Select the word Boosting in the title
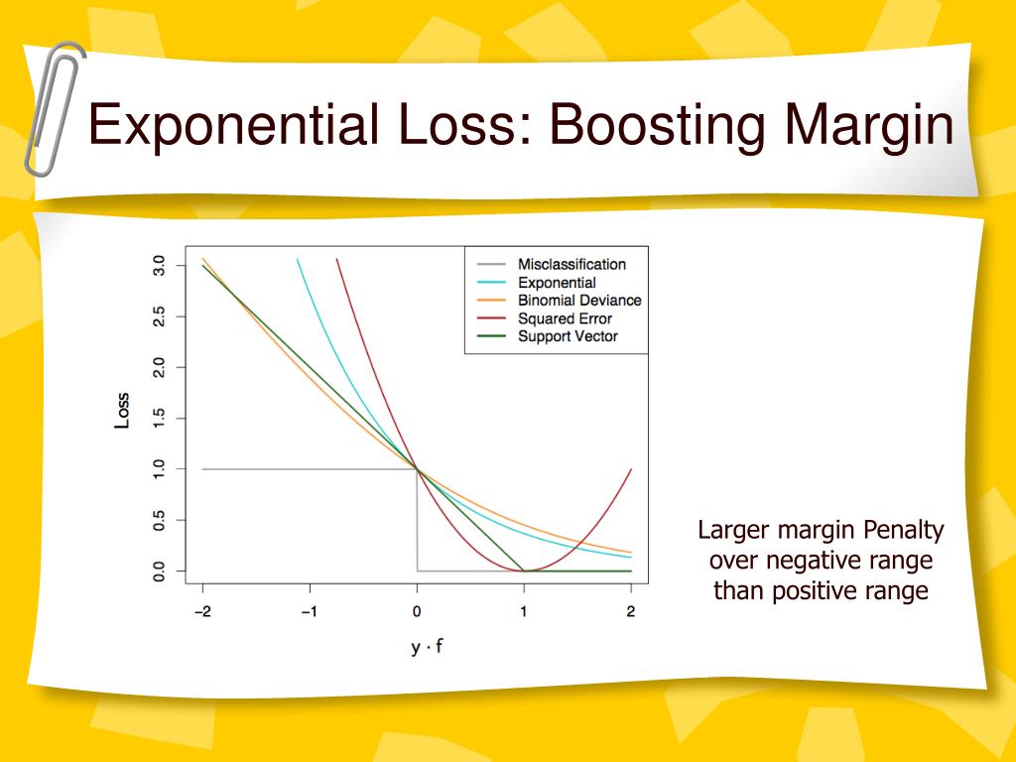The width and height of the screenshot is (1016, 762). click(x=656, y=127)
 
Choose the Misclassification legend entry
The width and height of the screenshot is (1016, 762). click(x=571, y=265)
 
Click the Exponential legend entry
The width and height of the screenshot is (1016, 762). click(x=557, y=283)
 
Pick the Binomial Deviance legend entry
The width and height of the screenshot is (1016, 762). click(x=579, y=301)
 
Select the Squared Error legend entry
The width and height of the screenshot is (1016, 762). click(x=565, y=318)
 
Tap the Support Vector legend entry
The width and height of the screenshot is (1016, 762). click(x=568, y=336)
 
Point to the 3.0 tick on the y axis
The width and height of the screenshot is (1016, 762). click(x=158, y=266)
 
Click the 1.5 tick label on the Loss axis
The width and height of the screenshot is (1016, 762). click(x=158, y=419)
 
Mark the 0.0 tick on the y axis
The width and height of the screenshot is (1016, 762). click(x=158, y=571)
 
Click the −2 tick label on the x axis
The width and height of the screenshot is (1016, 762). click(x=201, y=612)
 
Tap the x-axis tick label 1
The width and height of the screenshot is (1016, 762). click(x=524, y=612)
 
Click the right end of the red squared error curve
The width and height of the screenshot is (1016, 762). click(x=631, y=470)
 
